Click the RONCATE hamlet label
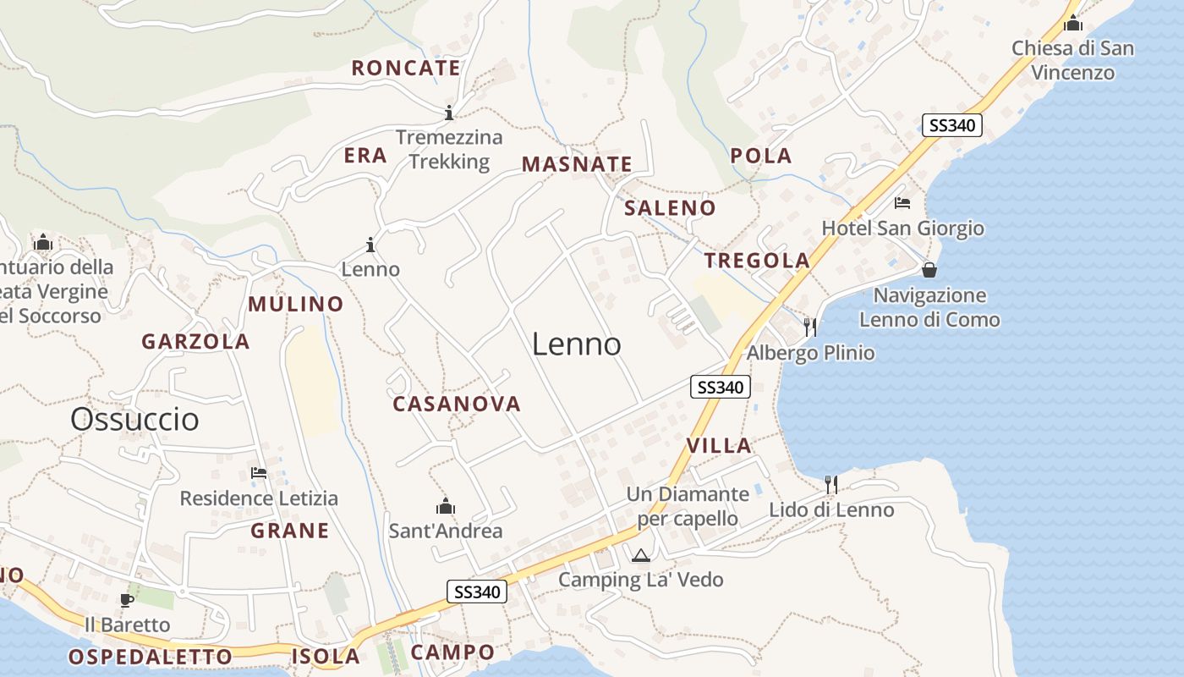click(406, 69)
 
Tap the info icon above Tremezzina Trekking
click(449, 112)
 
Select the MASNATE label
click(577, 164)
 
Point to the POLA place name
click(761, 156)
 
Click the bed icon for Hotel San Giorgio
click(902, 203)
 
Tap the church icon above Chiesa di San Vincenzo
click(1073, 23)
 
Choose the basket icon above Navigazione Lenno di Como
click(929, 270)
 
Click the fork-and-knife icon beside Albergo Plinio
click(810, 327)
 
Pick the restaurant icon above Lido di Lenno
click(831, 484)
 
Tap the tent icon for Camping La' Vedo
click(640, 555)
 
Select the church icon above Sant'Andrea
click(445, 506)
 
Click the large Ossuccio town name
click(134, 419)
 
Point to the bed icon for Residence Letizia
click(259, 472)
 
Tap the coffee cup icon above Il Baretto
click(127, 600)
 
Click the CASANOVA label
click(457, 405)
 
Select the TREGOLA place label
click(757, 261)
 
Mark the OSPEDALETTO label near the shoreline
click(150, 657)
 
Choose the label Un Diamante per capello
click(688, 506)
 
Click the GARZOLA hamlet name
click(195, 342)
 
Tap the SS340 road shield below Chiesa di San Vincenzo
click(951, 126)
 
